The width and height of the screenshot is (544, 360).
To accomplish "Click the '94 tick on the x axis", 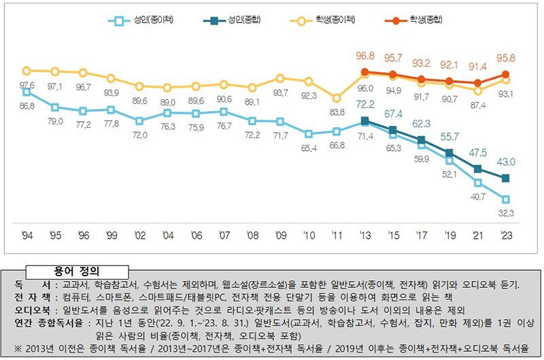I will click(27, 235).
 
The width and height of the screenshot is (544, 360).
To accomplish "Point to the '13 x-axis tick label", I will click(364, 235).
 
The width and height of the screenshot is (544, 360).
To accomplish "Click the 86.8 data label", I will click(27, 106).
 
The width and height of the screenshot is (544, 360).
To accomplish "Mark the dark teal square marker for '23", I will click(505, 178).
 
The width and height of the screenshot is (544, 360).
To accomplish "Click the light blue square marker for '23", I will click(505, 199).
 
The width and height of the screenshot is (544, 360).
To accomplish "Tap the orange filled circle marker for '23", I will click(505, 74).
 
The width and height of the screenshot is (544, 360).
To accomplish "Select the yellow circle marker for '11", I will click(336, 97).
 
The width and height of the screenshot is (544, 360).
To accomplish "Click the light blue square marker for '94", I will click(27, 92).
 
